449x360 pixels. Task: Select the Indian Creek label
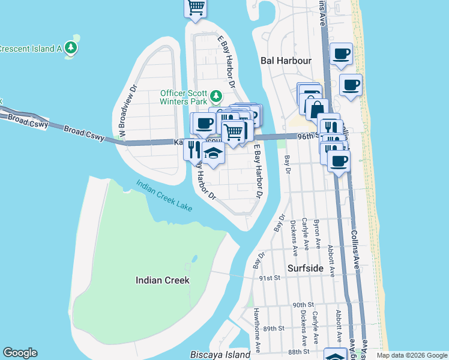[x=162, y=280]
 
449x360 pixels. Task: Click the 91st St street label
[x=270, y=278]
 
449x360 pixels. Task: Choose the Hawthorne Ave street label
[x=256, y=338]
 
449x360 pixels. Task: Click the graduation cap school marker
[x=212, y=154]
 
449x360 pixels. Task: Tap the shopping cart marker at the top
[x=195, y=7]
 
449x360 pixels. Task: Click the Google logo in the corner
[x=20, y=353]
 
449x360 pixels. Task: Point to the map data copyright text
[x=412, y=355]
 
